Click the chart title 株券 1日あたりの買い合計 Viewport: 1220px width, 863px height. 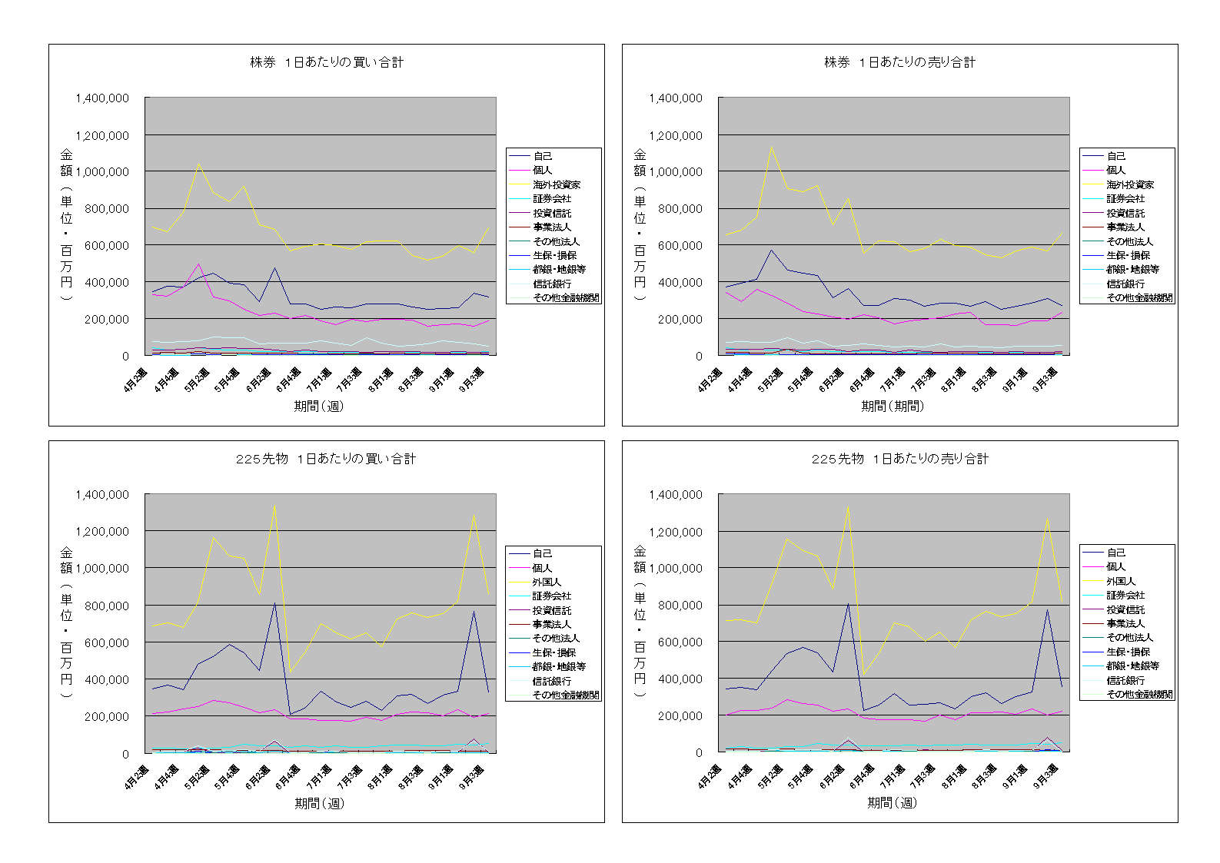327,62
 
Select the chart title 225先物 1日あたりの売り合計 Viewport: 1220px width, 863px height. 899,459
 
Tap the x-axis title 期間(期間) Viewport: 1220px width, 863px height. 892,406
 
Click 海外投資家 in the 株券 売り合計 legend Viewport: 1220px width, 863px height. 1129,184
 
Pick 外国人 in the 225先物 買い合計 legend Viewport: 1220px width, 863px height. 547,582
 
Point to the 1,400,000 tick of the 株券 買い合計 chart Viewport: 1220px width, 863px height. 102,98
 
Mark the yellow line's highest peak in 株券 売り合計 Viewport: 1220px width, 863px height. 771,148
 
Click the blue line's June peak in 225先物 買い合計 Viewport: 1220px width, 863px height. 274,603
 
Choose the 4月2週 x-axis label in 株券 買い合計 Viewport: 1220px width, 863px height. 135,380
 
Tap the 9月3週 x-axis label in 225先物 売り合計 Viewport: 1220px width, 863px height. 1045,776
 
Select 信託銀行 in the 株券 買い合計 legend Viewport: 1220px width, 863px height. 552,284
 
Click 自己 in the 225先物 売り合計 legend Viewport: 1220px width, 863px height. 1115,553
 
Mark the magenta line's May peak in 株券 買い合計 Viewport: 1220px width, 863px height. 198,264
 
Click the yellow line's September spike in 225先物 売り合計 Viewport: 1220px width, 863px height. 1047,518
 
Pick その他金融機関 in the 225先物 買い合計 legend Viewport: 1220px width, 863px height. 566,695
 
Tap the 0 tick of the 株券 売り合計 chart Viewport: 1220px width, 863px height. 699,356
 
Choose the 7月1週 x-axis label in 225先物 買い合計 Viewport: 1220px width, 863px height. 318,777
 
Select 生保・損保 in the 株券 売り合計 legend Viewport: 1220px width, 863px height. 1128,255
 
